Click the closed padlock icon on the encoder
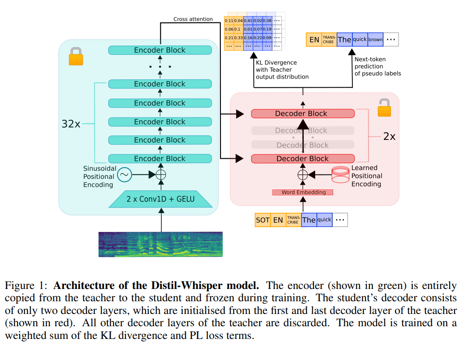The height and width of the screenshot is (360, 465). [76, 57]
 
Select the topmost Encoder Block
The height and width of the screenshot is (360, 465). [160, 50]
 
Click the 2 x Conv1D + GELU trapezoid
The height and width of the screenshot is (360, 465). [160, 199]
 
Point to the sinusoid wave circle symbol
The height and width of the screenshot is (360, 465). [124, 175]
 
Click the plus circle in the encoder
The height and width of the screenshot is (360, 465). [161, 175]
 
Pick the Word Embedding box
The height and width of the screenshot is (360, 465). [303, 192]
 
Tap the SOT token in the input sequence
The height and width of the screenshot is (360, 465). [263, 220]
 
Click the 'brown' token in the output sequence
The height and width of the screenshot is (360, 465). [375, 39]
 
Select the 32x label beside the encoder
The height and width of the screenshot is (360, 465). [71, 124]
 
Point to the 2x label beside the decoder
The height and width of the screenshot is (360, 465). [389, 136]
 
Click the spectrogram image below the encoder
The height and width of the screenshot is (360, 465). [160, 244]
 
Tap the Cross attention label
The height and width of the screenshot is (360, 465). [193, 19]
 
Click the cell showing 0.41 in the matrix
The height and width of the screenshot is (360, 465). [248, 20]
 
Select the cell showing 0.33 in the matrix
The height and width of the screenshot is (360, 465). [238, 38]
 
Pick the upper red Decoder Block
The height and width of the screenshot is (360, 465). [302, 114]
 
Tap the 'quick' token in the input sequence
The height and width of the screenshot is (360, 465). [324, 220]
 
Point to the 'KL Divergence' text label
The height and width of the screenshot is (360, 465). [276, 63]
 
